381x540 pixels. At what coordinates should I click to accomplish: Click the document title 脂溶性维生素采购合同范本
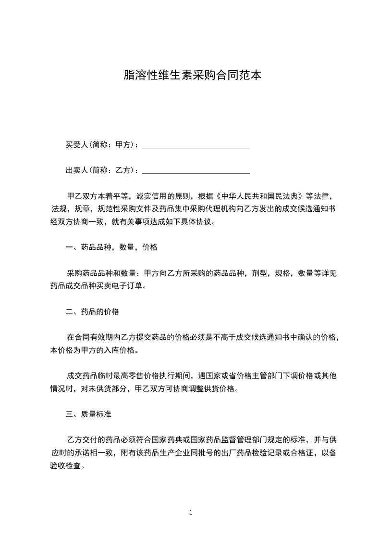[192, 75]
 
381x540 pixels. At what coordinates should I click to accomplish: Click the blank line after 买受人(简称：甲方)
[196, 145]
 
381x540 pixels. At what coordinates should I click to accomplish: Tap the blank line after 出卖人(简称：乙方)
[196, 170]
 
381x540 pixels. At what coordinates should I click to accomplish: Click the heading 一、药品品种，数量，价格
[111, 248]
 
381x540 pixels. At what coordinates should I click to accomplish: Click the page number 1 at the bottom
[191, 513]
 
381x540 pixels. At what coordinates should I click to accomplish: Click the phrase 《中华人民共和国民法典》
[260, 196]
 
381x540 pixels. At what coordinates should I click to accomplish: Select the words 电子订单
[127, 286]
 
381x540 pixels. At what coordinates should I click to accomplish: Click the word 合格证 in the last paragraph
[305, 453]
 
